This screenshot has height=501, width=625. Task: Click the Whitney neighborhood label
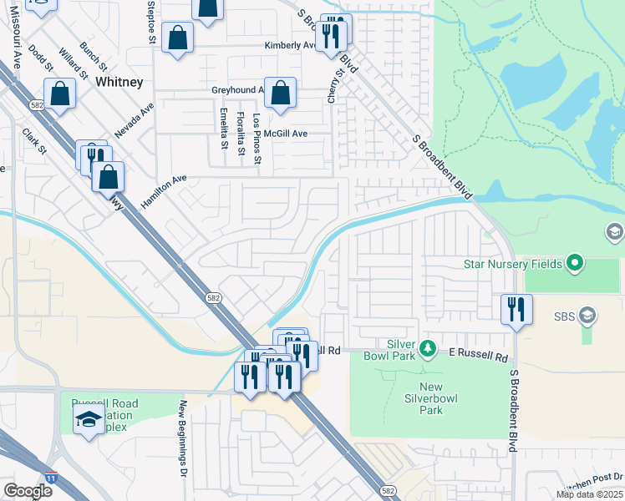pos(119,82)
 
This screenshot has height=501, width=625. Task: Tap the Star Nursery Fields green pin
pos(574,265)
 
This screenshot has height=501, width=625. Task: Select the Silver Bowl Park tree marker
pos(427,347)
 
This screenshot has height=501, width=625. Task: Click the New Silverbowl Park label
pos(430,398)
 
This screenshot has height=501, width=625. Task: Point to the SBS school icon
pos(587,316)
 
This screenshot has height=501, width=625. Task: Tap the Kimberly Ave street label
pos(288,46)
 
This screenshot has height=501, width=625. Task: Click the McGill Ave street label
pos(286,134)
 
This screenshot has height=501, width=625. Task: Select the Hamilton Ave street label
pos(168,191)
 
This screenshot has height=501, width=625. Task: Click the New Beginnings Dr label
pos(181,438)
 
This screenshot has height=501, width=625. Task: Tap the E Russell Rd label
pos(478,357)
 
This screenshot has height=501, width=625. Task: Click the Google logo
pos(28,491)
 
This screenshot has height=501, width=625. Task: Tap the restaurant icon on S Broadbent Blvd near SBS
pos(516,308)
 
